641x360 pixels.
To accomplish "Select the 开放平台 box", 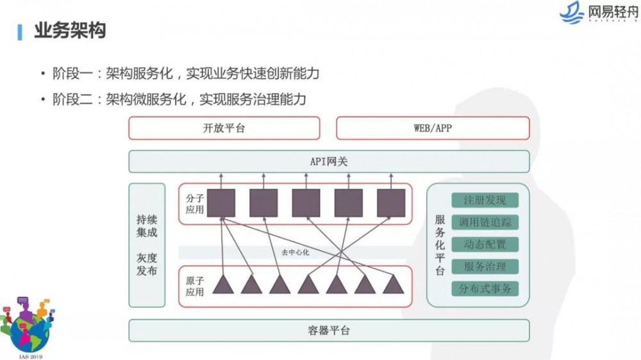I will tap(224, 128).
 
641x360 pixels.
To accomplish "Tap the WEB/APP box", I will tap(433, 128).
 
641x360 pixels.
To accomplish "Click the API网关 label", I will tap(329, 161).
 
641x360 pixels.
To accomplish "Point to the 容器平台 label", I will tap(329, 331).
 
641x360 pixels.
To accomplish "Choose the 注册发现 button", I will tap(485, 200).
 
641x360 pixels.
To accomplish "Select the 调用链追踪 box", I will tap(485, 222).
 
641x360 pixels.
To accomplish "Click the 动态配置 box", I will tap(485, 244).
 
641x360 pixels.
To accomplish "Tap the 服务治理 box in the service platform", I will tap(485, 266).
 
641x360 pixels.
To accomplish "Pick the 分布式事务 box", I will tap(485, 288).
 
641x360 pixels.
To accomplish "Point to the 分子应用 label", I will tap(195, 204).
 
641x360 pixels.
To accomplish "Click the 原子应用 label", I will tap(195, 286).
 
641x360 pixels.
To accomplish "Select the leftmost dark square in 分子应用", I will tap(221, 203).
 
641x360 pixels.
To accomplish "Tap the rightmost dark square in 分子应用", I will tap(391, 203).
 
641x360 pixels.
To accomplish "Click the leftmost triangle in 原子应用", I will tap(223, 284).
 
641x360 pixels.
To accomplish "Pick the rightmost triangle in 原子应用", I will tap(393, 284).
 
